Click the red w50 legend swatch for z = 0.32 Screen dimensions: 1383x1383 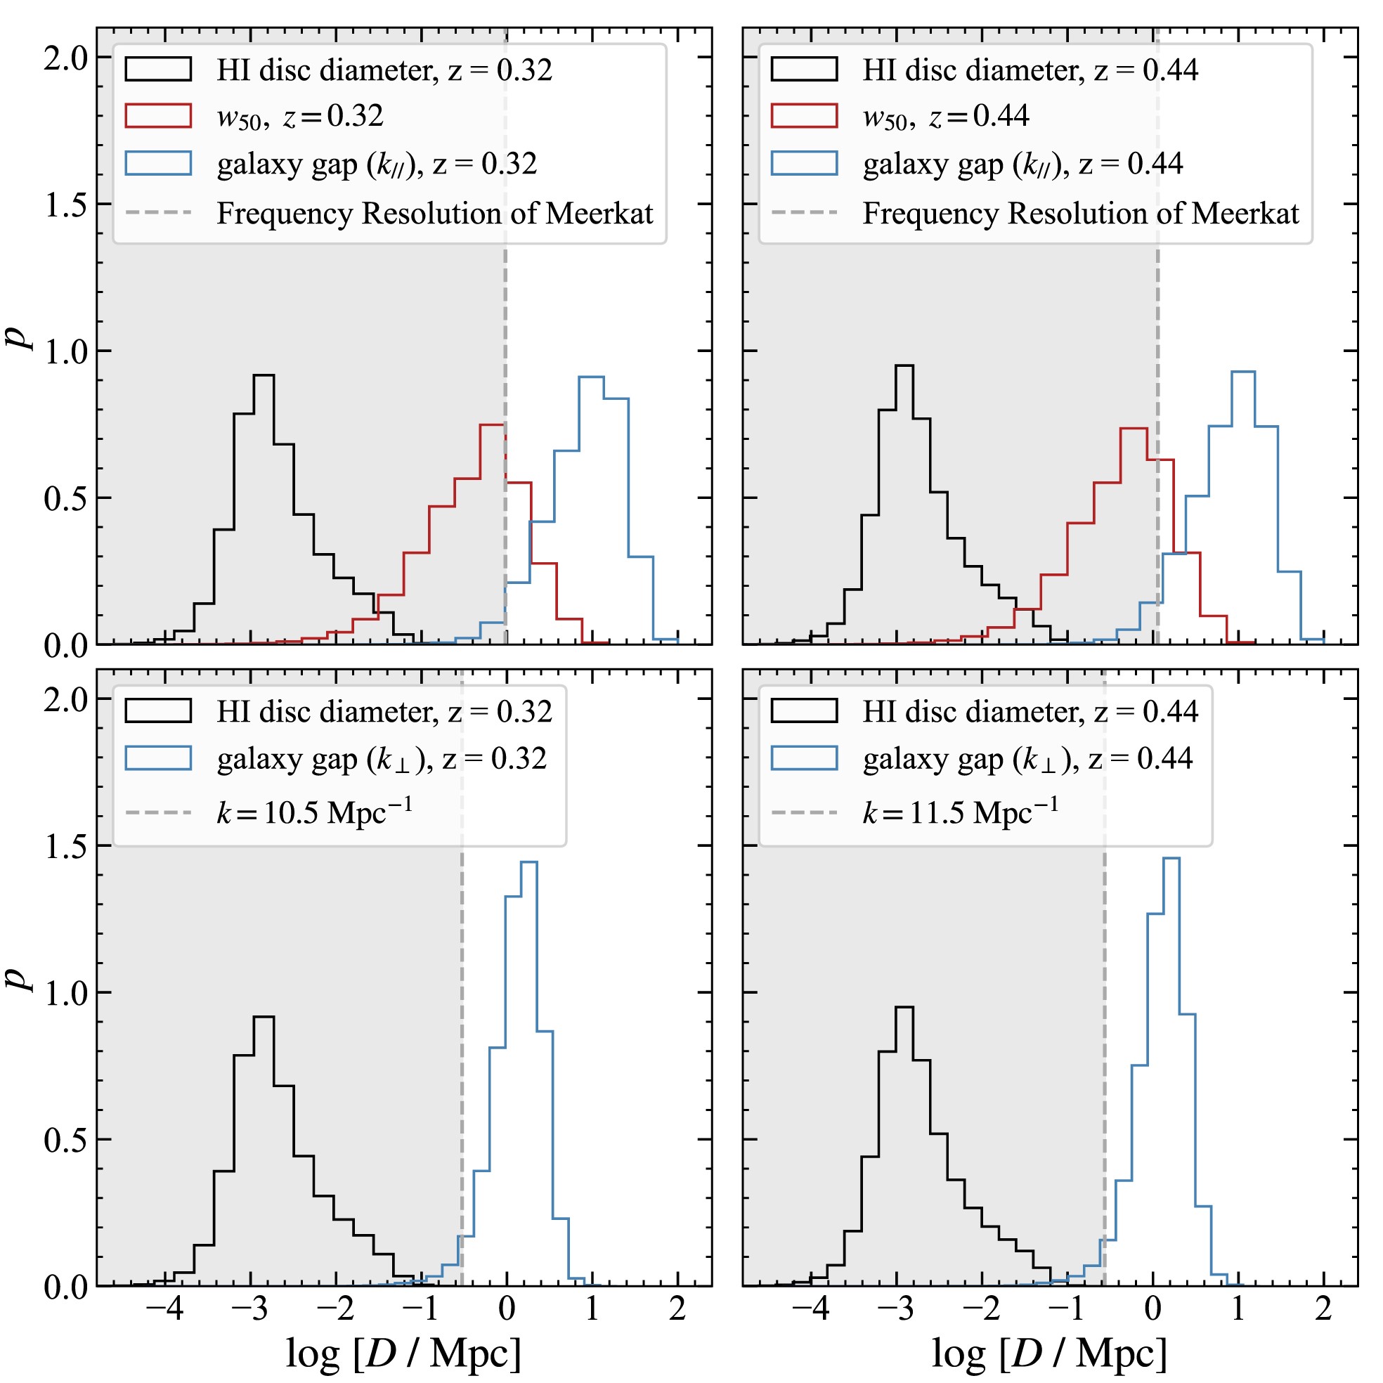click(x=158, y=116)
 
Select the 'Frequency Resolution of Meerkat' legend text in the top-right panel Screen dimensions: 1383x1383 click(x=1080, y=214)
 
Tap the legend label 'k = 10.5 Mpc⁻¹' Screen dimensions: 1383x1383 click(x=314, y=812)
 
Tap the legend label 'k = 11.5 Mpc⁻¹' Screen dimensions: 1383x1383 click(x=960, y=812)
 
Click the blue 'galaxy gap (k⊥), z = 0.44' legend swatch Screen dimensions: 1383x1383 click(x=804, y=758)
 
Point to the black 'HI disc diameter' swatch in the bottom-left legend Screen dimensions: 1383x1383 click(x=158, y=711)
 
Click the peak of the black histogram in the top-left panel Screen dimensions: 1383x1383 click(x=264, y=375)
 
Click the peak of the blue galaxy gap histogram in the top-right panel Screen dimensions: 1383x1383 click(x=1242, y=372)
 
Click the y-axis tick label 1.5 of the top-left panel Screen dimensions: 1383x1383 click(x=65, y=204)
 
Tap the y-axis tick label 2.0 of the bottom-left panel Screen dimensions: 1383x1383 click(x=65, y=699)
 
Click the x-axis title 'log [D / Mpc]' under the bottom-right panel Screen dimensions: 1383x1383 click(x=1049, y=1353)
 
